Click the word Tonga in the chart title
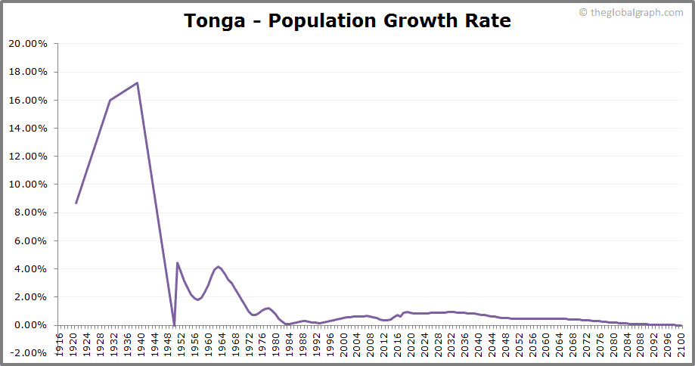tap(216, 20)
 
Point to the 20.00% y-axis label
tap(27, 44)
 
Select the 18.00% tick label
tap(27, 72)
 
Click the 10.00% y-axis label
tap(27, 185)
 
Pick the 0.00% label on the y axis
tap(30, 325)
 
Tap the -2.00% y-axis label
tap(29, 353)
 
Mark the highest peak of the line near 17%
tap(137, 83)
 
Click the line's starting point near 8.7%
tap(76, 203)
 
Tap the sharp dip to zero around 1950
tap(174, 324)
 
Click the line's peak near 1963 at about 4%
tap(219, 267)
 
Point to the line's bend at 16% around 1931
tap(110, 100)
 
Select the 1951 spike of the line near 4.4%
tap(177, 263)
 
